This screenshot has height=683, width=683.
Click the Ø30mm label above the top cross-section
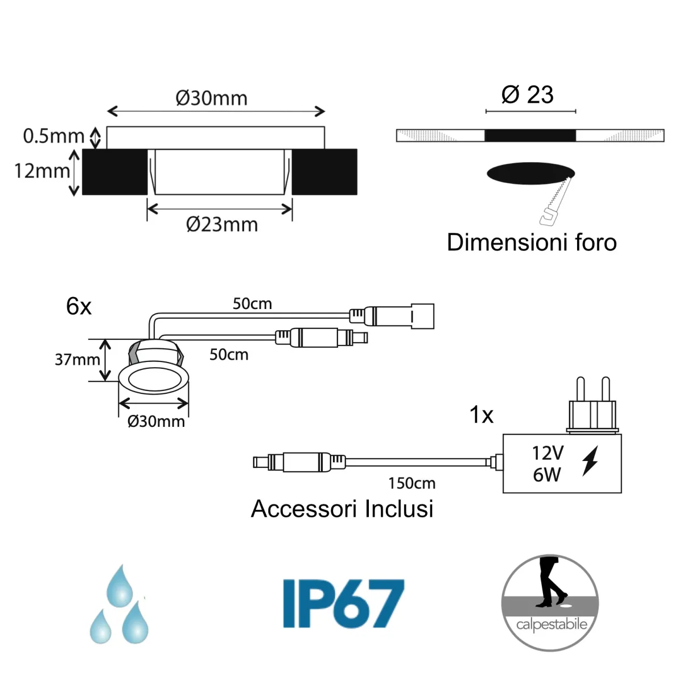(212, 98)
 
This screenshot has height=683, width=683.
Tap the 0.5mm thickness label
(54, 136)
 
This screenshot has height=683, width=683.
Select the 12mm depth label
(42, 171)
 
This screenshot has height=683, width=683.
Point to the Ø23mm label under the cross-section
(222, 224)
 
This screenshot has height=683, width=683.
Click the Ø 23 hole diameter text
(528, 94)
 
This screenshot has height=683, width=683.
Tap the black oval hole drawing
(530, 173)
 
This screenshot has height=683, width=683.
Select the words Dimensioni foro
(532, 242)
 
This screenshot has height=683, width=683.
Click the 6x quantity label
(79, 306)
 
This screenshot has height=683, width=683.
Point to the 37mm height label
(77, 360)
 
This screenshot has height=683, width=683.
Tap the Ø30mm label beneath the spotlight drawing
(156, 421)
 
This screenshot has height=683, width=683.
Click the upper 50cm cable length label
(252, 303)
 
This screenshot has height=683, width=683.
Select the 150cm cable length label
(412, 483)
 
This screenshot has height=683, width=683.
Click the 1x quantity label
(481, 415)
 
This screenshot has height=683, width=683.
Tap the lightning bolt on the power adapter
(590, 460)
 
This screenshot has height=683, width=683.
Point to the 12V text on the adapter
(548, 453)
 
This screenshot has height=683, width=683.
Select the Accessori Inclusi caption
(342, 509)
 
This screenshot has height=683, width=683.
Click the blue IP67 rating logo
(344, 603)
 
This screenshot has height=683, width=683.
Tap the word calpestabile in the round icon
(551, 625)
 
